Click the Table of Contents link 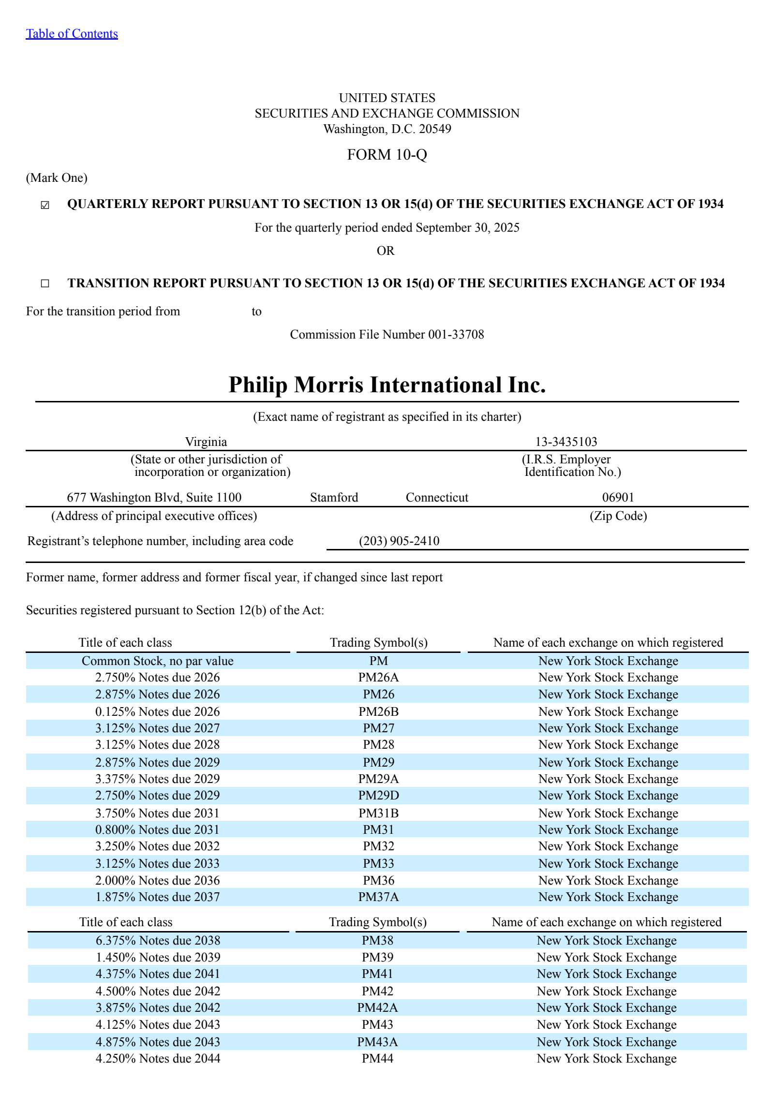[72, 33]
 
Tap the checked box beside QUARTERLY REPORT [45, 205]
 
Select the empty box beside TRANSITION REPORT [45, 283]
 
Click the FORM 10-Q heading [387, 154]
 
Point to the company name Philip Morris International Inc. [387, 385]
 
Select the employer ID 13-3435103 [566, 442]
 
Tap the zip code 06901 [618, 497]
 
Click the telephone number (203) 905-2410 [399, 541]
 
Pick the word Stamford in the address [334, 497]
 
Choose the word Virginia [206, 442]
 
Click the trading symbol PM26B [378, 711]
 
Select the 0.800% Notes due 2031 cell [157, 829]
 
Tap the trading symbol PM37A [378, 897]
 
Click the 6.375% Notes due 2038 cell [158, 940]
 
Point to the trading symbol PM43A [377, 1042]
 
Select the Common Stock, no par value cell [157, 661]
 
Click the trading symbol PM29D [378, 795]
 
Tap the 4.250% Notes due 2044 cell [158, 1058]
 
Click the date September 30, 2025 [467, 227]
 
